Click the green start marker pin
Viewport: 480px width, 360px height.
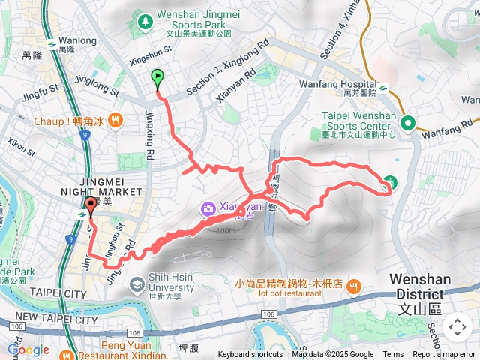pos(157,77)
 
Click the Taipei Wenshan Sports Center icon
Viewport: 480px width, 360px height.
pos(408,123)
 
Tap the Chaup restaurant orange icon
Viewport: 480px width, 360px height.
pos(115,120)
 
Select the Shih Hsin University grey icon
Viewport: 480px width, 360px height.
pos(136,283)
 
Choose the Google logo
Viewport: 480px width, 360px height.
pos(28,349)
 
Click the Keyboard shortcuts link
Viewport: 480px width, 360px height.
pos(250,355)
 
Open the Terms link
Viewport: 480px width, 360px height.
pos(393,355)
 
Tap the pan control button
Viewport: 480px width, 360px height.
pos(457,327)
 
